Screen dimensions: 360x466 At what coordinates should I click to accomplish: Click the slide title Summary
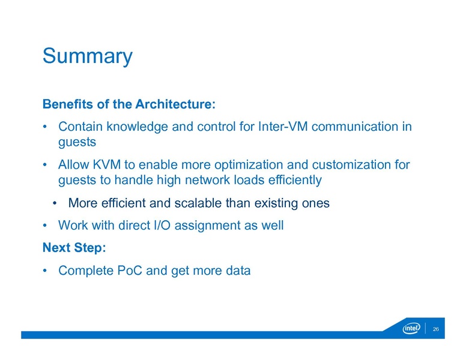coord(87,56)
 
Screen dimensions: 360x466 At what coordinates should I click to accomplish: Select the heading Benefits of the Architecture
coord(129,104)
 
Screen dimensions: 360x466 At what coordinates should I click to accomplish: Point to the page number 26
coord(437,329)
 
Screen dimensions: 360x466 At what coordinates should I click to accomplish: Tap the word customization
coord(346,164)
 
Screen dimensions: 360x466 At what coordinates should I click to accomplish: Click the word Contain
coord(79,127)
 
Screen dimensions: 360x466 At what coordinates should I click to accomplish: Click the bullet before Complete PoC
coord(45,271)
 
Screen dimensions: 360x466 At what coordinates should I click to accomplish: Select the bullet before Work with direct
coord(45,226)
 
